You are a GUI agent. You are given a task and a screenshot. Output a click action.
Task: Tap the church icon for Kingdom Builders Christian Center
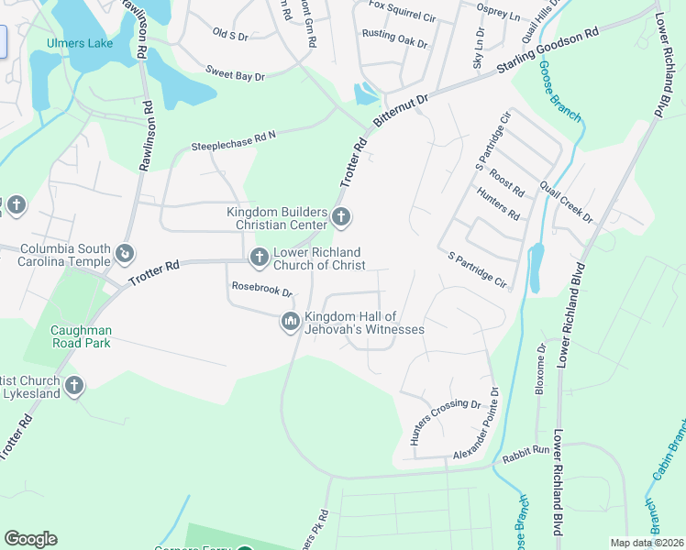point(341,217)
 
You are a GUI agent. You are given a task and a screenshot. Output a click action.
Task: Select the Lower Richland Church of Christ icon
point(259,258)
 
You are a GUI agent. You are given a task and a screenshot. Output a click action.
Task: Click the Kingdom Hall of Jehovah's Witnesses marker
point(290,321)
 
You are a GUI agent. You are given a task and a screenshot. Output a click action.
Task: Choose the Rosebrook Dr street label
point(260,291)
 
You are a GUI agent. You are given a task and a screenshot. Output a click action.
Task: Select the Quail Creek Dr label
point(567,200)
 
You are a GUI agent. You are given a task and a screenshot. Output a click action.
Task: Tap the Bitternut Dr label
point(400,113)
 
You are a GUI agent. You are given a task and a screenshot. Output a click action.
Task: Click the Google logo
point(30,539)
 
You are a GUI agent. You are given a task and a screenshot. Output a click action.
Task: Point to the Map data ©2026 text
point(647,543)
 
